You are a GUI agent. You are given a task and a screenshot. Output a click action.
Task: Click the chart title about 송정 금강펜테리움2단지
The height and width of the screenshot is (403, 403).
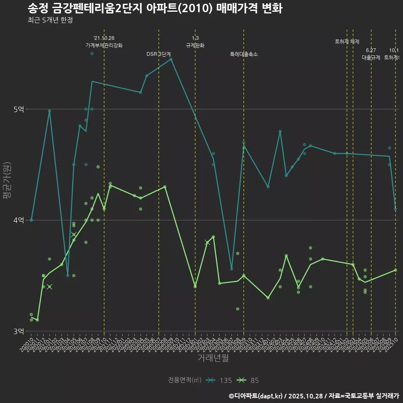(x=154, y=9)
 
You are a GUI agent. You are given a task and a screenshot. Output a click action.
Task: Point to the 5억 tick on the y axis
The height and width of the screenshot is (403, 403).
(x=19, y=109)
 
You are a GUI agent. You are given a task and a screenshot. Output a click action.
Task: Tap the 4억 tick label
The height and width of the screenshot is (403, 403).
(x=19, y=220)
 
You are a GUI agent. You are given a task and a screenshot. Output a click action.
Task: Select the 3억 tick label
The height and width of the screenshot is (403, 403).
(x=19, y=331)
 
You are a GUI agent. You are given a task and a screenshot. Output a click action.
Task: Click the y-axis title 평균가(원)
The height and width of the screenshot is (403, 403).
(x=6, y=181)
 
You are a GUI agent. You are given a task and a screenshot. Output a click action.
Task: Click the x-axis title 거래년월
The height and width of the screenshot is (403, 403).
(x=213, y=358)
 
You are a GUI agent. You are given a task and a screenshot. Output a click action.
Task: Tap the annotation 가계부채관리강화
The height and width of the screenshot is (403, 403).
(x=104, y=45)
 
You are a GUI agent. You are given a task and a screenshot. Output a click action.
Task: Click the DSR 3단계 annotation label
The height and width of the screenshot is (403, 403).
(x=159, y=54)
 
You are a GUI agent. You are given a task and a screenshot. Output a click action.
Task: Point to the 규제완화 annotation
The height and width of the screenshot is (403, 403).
(x=195, y=45)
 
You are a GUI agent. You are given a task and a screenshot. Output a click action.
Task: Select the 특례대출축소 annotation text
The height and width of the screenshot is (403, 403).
(x=244, y=54)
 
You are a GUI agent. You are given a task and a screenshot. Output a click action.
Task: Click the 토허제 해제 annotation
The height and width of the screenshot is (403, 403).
(x=347, y=42)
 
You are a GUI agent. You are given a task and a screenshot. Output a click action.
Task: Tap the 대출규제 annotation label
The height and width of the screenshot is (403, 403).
(x=371, y=58)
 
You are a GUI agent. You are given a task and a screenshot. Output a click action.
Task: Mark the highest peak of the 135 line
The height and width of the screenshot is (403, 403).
(x=171, y=59)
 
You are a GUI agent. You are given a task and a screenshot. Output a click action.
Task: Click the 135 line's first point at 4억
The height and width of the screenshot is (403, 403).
(x=31, y=220)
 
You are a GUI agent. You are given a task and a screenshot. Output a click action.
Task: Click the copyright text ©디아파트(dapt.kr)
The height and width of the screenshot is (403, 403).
(x=256, y=395)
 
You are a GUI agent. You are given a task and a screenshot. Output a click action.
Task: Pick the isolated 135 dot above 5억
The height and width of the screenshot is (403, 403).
(x=92, y=54)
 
